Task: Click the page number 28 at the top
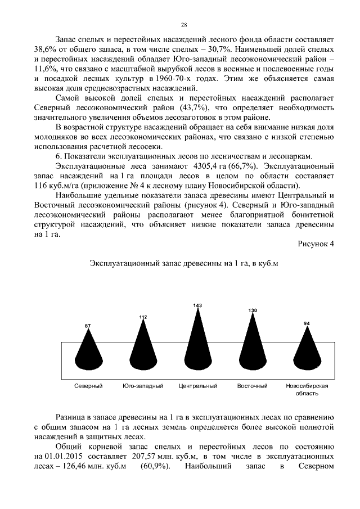coord(183,25)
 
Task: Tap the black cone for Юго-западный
coord(143,346)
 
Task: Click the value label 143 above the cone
coord(197,305)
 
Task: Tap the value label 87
coord(88,326)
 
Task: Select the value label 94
coord(307,323)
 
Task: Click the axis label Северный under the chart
coord(88,386)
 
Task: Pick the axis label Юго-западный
coord(143,386)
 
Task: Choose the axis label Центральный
coord(197,386)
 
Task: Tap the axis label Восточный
coord(252,386)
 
